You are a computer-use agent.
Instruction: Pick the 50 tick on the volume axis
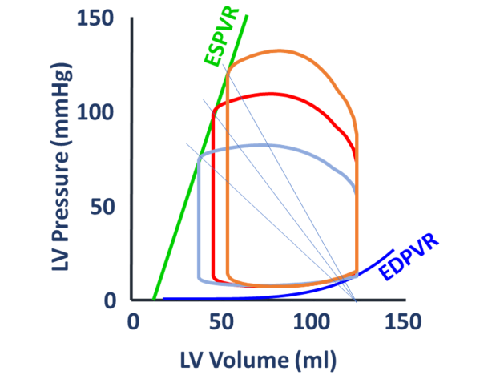[x=221, y=321]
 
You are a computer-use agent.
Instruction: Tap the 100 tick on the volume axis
[x=309, y=321]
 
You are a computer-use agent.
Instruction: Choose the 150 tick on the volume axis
[x=398, y=321]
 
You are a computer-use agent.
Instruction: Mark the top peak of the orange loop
[x=278, y=51]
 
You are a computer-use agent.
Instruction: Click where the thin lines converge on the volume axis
[x=354, y=300]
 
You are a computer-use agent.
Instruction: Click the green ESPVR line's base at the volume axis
[x=153, y=300]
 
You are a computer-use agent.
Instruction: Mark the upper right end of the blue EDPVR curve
[x=393, y=250]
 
